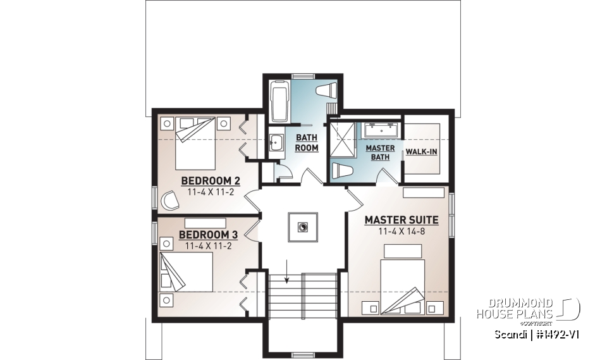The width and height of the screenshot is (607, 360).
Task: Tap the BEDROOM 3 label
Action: point(204,235)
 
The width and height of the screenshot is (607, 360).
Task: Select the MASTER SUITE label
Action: point(402,220)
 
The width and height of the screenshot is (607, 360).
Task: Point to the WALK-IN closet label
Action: point(421,152)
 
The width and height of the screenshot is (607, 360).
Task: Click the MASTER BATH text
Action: point(380,152)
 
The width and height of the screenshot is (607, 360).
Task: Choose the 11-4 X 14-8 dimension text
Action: point(402,232)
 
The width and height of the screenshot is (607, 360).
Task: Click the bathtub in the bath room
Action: point(279,101)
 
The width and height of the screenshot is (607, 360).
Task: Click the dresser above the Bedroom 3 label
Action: point(205,223)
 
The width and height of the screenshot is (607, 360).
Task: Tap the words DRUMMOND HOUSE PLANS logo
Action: point(515,308)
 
